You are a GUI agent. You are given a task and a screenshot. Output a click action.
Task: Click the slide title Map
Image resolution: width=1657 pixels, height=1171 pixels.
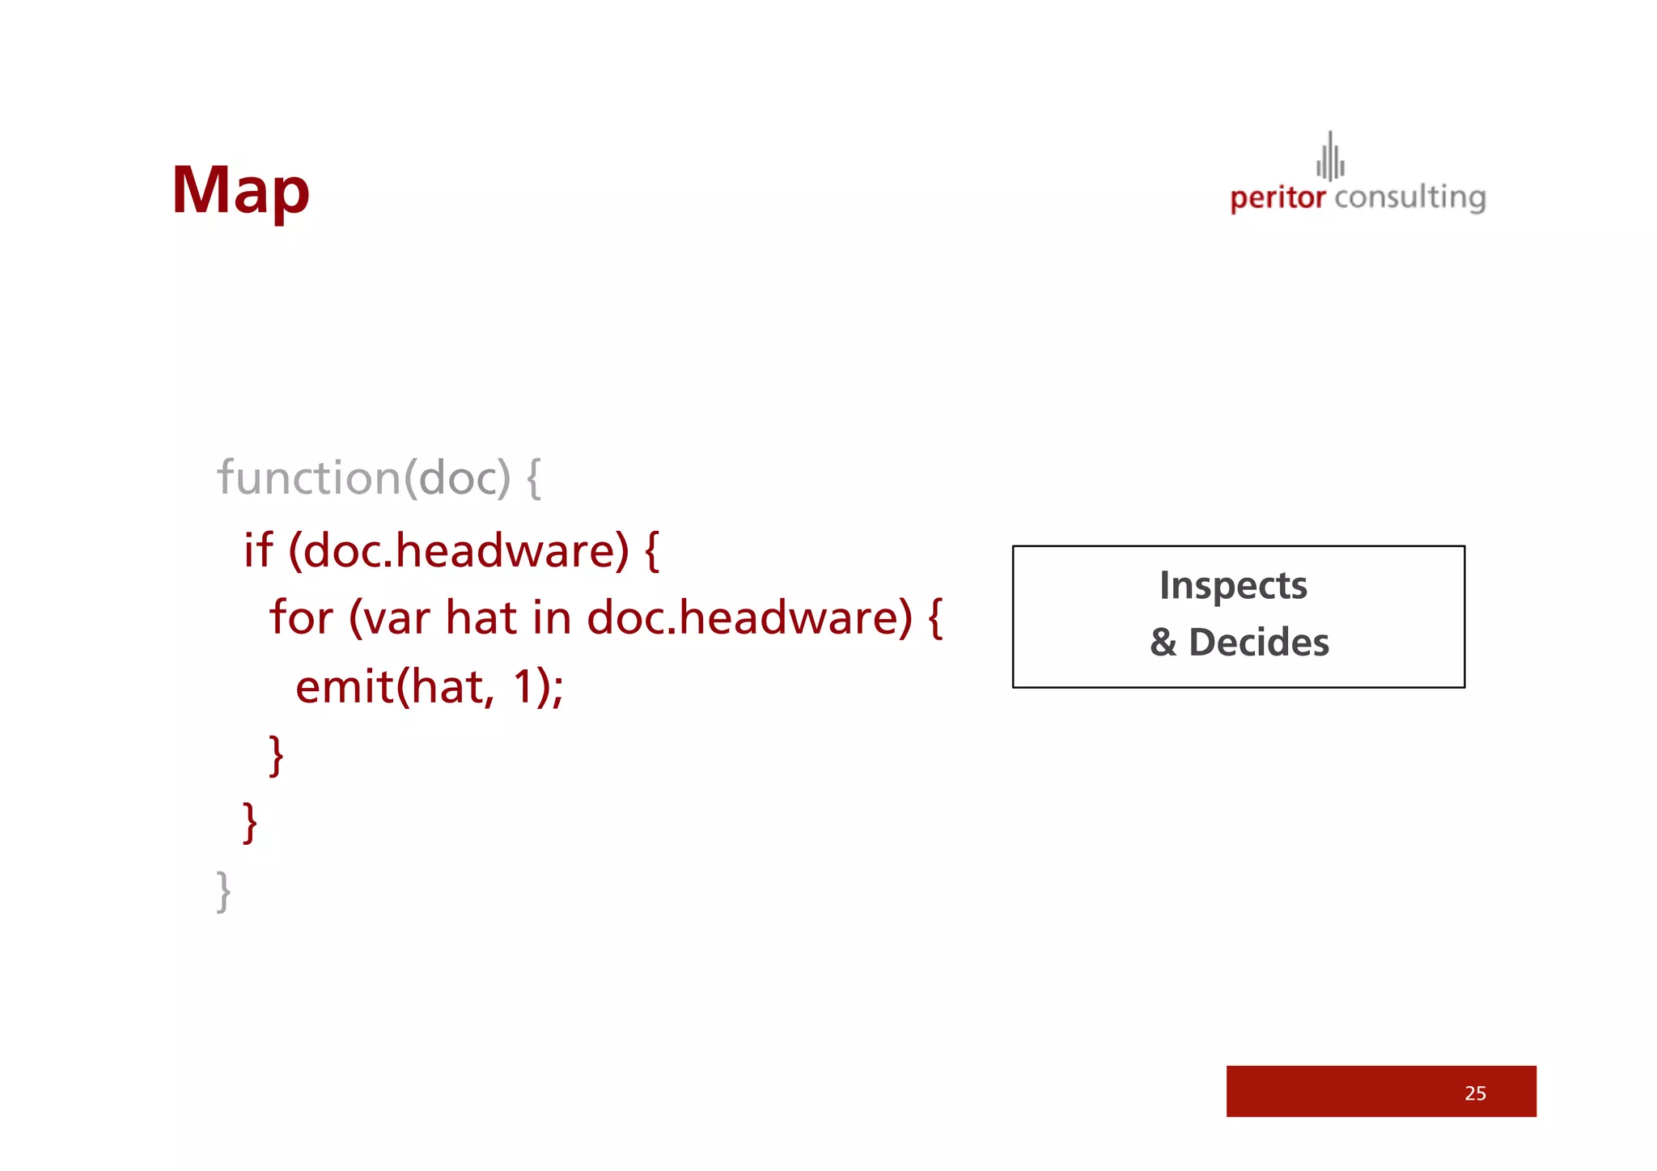pos(240,191)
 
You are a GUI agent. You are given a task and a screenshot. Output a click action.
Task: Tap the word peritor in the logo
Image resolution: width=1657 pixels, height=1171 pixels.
pos(1278,198)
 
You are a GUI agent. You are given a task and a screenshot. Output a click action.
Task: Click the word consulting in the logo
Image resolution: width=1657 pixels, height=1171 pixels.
pos(1410,198)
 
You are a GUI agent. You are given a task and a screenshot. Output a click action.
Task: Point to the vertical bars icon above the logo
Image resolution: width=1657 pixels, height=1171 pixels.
pos(1330,157)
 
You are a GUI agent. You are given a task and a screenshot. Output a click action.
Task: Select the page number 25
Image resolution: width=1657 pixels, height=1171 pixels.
pos(1475,1093)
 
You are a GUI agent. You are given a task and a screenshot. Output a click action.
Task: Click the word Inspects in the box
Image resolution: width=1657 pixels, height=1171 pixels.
pos(1233,585)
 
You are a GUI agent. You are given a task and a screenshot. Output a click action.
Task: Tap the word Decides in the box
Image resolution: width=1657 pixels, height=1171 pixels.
pos(1258,643)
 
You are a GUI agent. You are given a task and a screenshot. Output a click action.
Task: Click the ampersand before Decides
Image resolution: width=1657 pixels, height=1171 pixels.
pos(1163,643)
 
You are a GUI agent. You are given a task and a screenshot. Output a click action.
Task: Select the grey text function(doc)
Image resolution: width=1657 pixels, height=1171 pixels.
pos(364,477)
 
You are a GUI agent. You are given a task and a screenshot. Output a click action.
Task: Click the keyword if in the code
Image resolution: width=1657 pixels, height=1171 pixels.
pos(258,551)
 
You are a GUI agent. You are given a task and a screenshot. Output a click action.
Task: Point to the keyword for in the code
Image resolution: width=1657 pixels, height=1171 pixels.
pos(301,618)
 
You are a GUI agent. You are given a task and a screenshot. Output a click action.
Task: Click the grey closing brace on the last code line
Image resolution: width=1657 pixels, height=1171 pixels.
pos(224,892)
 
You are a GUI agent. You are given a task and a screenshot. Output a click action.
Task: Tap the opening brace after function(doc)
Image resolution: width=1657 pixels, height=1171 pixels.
pos(534,477)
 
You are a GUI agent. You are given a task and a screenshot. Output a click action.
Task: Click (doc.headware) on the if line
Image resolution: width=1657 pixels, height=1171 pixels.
pos(459,551)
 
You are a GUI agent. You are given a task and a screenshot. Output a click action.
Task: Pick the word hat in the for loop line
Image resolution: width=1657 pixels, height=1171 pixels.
pos(481,618)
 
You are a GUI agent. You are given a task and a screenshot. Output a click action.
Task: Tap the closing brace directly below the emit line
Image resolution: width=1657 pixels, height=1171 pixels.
pos(277,756)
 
